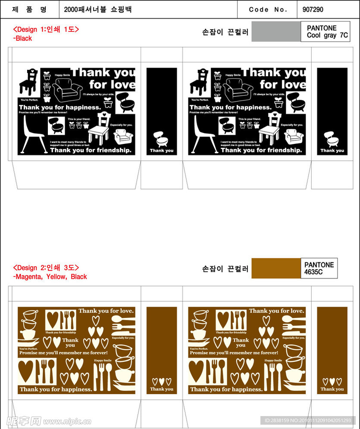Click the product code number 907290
313,9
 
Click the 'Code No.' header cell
268,9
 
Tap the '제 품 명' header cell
29,9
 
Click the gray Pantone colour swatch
276,31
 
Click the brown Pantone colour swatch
276,268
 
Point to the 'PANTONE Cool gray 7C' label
326,32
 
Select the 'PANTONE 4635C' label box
319,268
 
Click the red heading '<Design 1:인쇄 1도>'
46,29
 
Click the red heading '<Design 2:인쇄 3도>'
46,267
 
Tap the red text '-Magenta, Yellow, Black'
50,277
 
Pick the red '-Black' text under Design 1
23,38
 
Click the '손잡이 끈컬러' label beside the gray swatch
225,32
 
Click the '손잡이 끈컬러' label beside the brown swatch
225,269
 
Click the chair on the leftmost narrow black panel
161,139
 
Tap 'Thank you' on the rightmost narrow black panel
332,151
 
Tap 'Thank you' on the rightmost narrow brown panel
332,389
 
